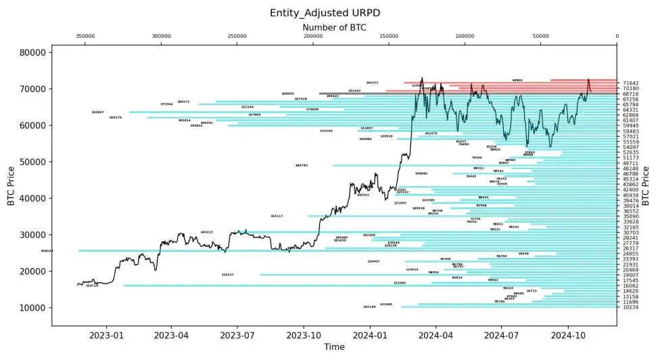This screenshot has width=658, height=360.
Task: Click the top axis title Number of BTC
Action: click(334, 27)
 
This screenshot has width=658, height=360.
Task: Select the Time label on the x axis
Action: click(334, 347)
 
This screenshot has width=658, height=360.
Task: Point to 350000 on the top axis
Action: click(85, 37)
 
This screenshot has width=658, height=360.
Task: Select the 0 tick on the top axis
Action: click(617, 37)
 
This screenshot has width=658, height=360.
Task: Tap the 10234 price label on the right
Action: click(631, 307)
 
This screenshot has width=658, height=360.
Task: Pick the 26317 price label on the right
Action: click(631, 248)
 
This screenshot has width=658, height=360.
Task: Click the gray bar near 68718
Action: click(352, 93)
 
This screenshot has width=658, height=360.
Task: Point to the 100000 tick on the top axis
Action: click(465, 37)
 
